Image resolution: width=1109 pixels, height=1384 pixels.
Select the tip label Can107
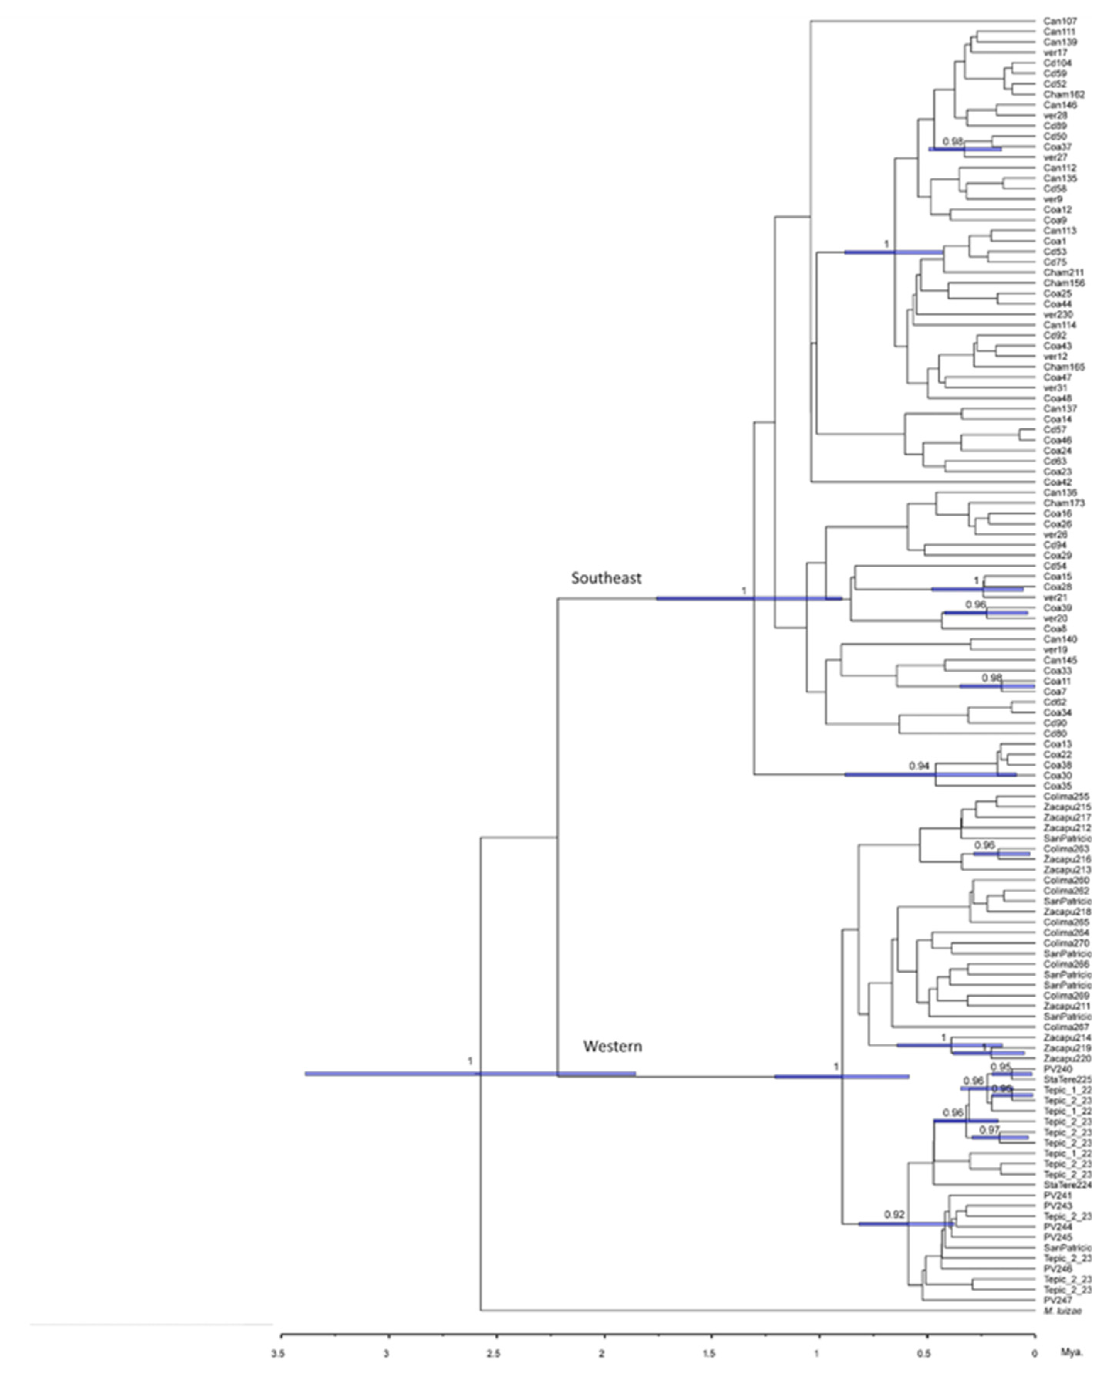click(1060, 21)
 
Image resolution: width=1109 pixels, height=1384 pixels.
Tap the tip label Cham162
click(1063, 94)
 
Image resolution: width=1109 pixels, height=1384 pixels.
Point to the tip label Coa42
click(1057, 482)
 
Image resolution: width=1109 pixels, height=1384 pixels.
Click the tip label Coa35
click(1057, 786)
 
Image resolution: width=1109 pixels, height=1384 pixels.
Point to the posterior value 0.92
click(894, 1215)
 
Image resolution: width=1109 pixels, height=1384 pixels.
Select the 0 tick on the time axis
click(1034, 1354)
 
